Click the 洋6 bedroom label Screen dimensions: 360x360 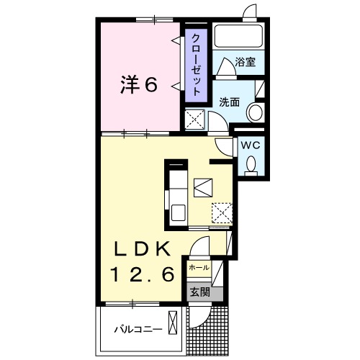[138, 85]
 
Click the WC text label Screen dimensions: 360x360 [250, 144]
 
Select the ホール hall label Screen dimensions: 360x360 [198, 268]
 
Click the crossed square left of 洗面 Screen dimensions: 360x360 [194, 120]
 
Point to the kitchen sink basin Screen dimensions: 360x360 [177, 213]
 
